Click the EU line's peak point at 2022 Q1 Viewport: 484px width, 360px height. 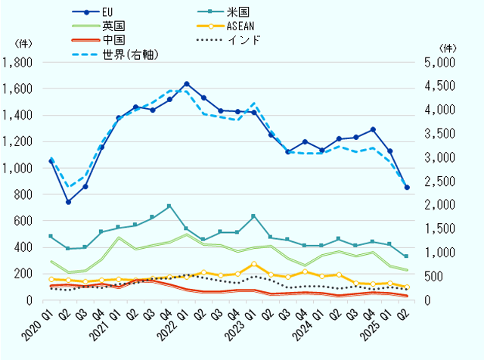tap(187, 83)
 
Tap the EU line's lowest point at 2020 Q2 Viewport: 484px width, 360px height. tap(68, 202)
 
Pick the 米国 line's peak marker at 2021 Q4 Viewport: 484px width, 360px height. tap(169, 206)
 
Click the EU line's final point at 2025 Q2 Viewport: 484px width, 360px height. tap(407, 187)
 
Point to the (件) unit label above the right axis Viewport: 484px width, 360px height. tap(447, 47)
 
